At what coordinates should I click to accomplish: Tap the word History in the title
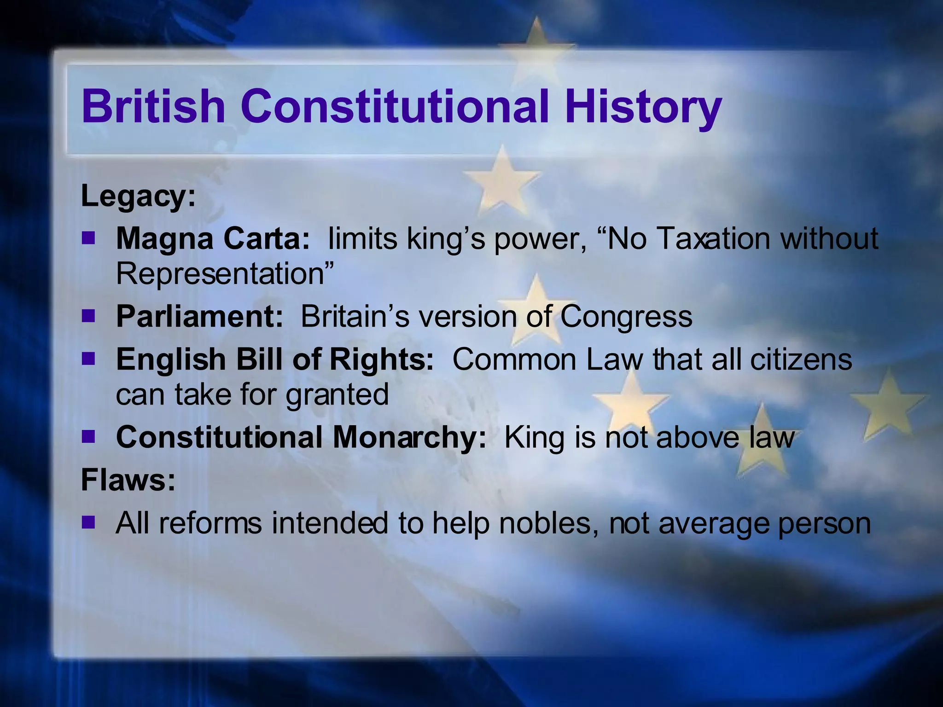(x=643, y=107)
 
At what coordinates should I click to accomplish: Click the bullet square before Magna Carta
(x=88, y=238)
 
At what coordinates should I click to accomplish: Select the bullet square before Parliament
(x=88, y=316)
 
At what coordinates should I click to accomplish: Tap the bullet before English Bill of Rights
(x=88, y=359)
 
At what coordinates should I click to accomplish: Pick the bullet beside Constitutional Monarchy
(x=88, y=436)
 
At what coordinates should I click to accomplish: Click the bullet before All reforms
(x=88, y=522)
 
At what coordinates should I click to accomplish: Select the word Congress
(x=626, y=317)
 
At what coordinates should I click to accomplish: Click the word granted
(x=337, y=395)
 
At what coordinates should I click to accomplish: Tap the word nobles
(x=550, y=523)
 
